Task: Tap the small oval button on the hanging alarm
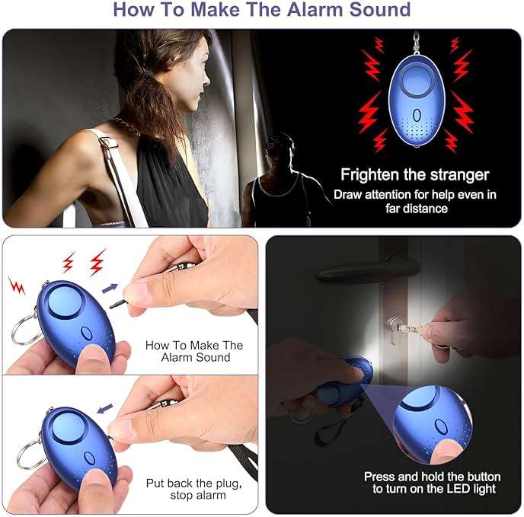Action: (417, 115)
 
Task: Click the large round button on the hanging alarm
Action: (417, 81)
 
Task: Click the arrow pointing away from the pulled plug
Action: (110, 288)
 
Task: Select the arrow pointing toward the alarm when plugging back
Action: (105, 408)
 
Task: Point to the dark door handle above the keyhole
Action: (367, 270)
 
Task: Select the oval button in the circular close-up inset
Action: (440, 426)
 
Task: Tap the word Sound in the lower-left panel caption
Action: (213, 358)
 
